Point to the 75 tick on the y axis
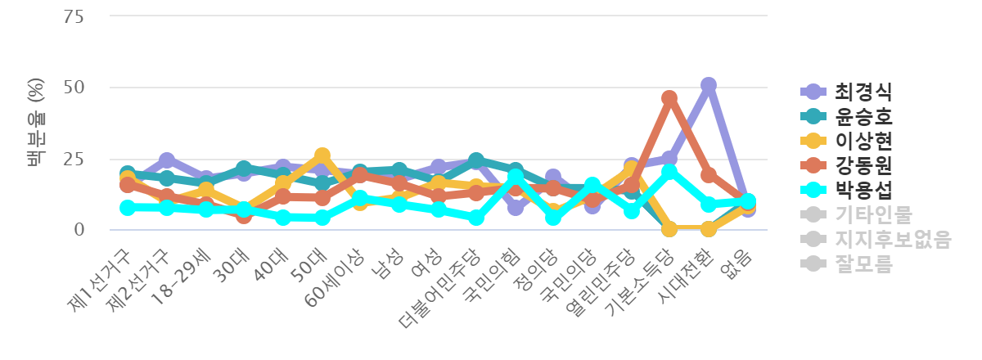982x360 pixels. pyautogui.click(x=74, y=16)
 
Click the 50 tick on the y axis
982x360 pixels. pyautogui.click(x=74, y=88)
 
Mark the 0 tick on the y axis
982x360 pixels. pyautogui.click(x=79, y=230)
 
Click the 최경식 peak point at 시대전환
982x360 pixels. pyautogui.click(x=709, y=85)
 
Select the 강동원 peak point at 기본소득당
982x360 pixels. pyautogui.click(x=669, y=98)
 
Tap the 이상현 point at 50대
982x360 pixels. pyautogui.click(x=322, y=155)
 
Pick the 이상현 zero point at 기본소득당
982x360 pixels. pyautogui.click(x=669, y=229)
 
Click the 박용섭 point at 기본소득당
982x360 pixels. pyautogui.click(x=669, y=171)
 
